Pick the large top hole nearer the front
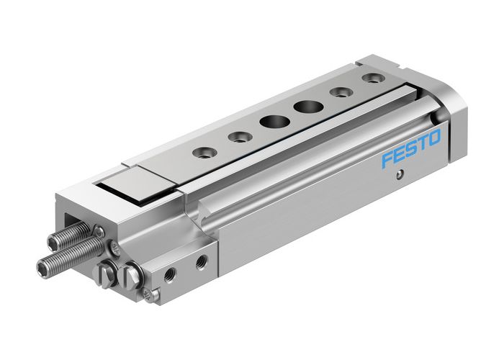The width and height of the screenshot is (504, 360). pyautogui.click(x=272, y=121)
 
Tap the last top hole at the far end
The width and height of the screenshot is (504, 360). pyautogui.click(x=372, y=77)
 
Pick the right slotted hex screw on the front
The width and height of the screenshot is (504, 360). pyautogui.click(x=132, y=274)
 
